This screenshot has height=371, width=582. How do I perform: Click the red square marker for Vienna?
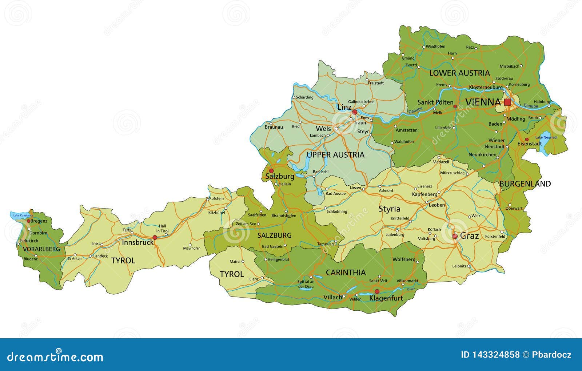click(507, 102)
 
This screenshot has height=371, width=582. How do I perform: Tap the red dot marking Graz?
click(455, 236)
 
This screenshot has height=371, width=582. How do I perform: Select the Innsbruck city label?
click(138, 242)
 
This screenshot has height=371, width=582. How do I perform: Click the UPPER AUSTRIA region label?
click(335, 155)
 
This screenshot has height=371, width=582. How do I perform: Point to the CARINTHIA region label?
click(346, 273)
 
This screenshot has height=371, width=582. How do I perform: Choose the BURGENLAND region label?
click(525, 184)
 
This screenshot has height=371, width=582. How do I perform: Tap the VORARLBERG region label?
click(41, 249)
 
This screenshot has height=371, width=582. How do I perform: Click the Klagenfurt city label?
click(386, 298)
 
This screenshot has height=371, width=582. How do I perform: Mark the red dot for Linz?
click(355, 112)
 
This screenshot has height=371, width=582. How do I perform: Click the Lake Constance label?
click(23, 215)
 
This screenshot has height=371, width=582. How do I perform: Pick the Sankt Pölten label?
click(435, 102)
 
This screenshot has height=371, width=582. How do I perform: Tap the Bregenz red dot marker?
click(29, 221)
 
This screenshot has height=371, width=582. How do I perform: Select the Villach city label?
click(332, 297)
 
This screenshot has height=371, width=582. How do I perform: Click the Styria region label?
click(389, 209)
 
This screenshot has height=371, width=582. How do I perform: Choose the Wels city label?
click(323, 129)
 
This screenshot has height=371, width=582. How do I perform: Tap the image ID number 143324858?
click(490, 355)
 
